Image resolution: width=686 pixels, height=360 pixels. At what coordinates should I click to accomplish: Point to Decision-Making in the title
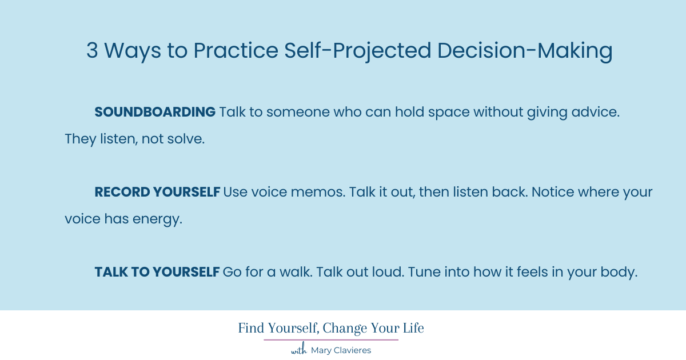(x=525, y=51)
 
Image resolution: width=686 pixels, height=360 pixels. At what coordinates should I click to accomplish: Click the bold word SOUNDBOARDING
(x=155, y=112)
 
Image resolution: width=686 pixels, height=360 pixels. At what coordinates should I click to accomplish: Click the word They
(x=79, y=139)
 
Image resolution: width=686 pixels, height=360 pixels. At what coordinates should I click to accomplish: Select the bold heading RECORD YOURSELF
(x=157, y=192)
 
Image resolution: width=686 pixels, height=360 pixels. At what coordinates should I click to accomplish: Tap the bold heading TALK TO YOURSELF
(x=157, y=273)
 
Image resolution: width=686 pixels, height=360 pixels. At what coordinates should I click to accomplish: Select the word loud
(x=386, y=273)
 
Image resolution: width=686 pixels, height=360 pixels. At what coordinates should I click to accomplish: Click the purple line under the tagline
(x=331, y=340)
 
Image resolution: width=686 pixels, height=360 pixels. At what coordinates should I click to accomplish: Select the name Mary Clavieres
(x=341, y=350)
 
